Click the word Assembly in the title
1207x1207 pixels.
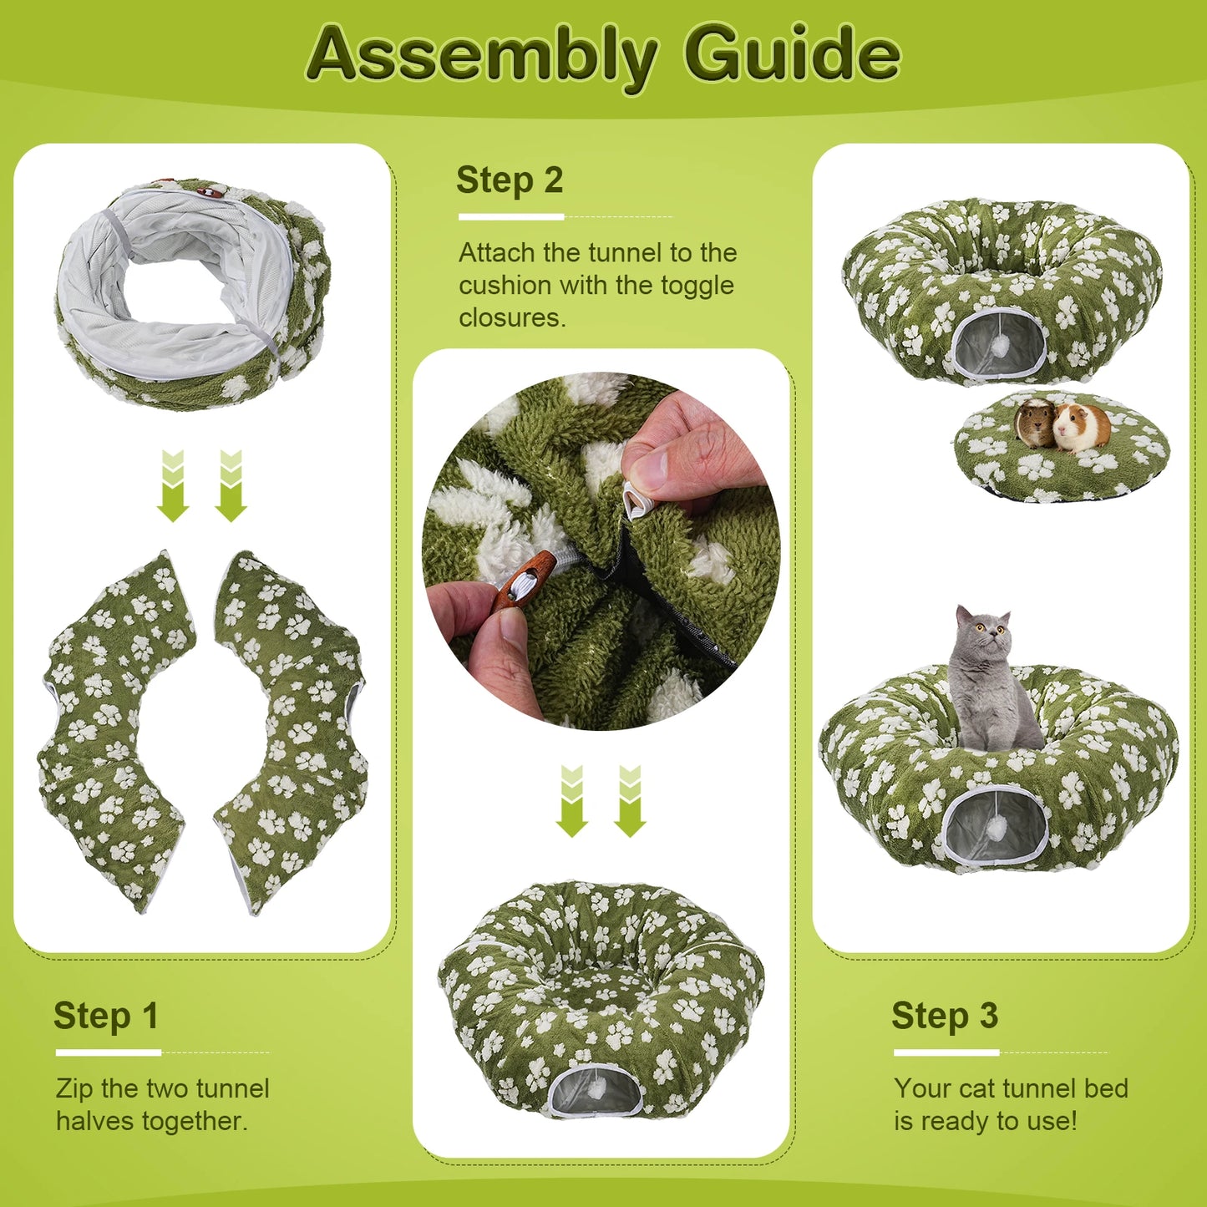(482, 58)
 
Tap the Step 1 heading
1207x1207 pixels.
(106, 1016)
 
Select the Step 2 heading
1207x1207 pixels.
(510, 181)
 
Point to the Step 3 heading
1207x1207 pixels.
(945, 1016)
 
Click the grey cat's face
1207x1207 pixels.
(983, 635)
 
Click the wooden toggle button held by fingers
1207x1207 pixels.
(521, 582)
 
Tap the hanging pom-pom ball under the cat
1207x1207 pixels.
(992, 833)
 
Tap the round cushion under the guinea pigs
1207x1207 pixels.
(1062, 447)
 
